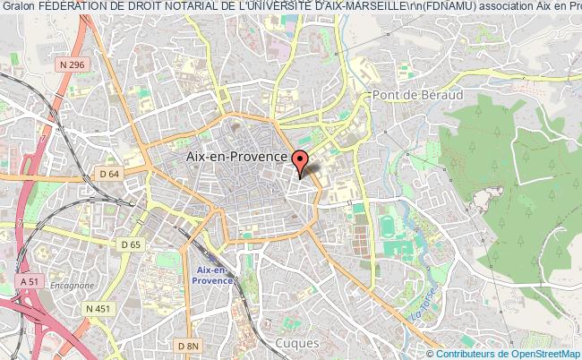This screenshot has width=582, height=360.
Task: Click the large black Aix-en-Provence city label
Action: [x=235, y=156]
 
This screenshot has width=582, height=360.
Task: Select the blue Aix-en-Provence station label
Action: [x=213, y=275]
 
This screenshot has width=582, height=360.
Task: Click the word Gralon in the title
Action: [x=19, y=8]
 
